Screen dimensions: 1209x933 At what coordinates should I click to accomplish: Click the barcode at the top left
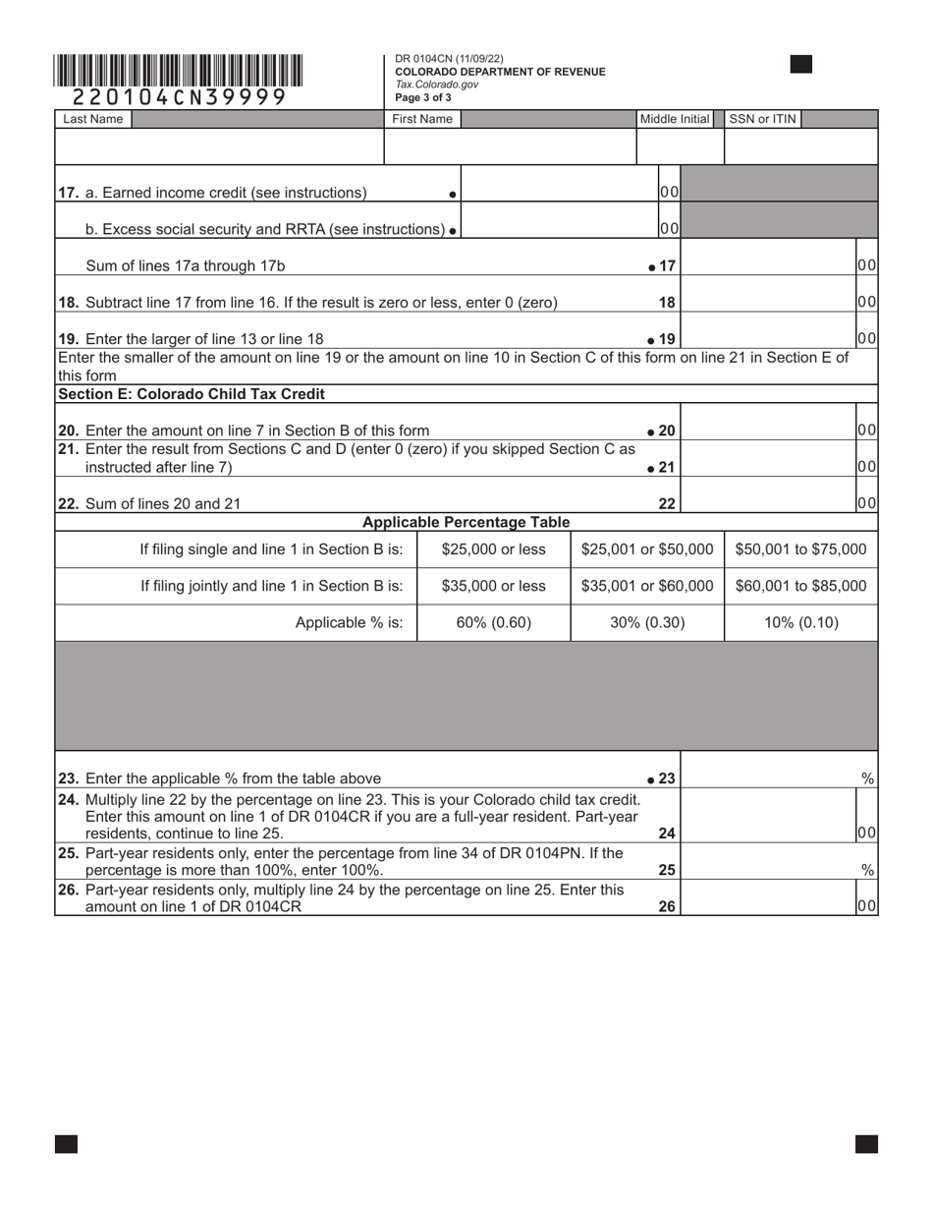tap(179, 71)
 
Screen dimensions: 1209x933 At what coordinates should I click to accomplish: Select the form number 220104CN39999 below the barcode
tap(179, 97)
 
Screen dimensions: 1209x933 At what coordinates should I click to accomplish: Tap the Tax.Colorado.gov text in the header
tap(437, 85)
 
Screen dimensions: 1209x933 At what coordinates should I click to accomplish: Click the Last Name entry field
tap(219, 146)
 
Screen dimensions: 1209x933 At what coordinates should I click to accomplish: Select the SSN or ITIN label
tap(761, 119)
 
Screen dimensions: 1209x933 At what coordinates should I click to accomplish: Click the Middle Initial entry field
tap(680, 146)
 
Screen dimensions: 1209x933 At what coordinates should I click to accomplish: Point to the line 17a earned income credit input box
tap(558, 193)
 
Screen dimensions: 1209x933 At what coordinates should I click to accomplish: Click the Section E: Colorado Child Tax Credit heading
tap(192, 394)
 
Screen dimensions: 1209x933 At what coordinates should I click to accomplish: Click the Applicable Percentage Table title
tap(466, 522)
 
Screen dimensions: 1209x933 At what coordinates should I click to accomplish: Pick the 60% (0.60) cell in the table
tap(494, 622)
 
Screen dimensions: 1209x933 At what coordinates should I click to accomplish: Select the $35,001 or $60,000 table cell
tap(647, 586)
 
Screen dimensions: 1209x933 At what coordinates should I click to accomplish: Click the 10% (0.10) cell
tap(800, 622)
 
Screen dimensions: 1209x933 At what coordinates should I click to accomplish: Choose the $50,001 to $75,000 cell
tap(800, 548)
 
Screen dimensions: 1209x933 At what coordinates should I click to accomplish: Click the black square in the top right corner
tap(801, 65)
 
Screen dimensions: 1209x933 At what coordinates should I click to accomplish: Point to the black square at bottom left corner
tap(66, 1143)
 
